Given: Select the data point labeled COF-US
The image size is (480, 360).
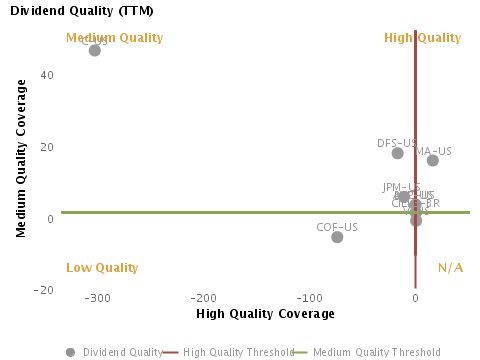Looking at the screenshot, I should pos(337,237).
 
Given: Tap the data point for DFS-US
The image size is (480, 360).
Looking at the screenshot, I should pos(398,153).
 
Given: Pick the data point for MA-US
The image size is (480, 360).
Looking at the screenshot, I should pos(433,160).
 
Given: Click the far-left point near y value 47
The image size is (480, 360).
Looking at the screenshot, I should pos(95,50).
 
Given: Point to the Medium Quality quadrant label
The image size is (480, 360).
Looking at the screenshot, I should pos(100,38).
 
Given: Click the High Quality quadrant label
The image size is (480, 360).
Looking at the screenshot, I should pos(423,38).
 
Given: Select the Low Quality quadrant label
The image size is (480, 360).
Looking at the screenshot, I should pos(101,268).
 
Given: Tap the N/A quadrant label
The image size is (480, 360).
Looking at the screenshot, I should pos(450,268).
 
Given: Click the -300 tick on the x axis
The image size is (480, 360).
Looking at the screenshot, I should pos(97,298).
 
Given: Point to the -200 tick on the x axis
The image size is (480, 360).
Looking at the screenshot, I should pos(203,298).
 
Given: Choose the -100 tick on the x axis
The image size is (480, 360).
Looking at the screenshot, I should pos(309,298).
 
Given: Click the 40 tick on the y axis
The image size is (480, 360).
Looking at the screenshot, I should pos(46,75).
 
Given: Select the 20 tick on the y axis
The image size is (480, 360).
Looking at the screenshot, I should pos(46,147).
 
